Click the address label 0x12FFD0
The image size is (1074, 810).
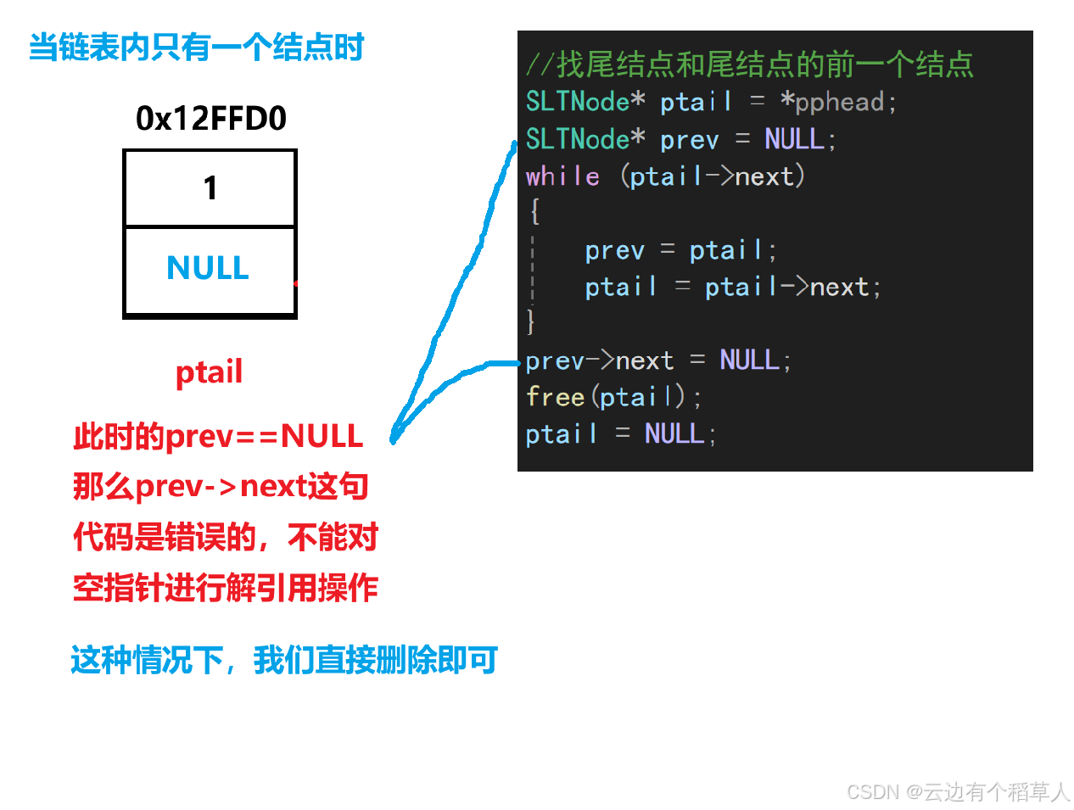pyautogui.click(x=210, y=118)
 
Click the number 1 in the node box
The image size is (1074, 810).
pyautogui.click(x=210, y=187)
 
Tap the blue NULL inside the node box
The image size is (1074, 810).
pyautogui.click(x=208, y=267)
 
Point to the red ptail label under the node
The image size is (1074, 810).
pyautogui.click(x=209, y=371)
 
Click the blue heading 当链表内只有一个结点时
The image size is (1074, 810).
pyautogui.click(x=196, y=47)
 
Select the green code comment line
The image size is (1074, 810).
pyautogui.click(x=749, y=64)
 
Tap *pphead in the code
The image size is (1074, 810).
pyautogui.click(x=837, y=102)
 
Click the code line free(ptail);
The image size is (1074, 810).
pyautogui.click(x=613, y=396)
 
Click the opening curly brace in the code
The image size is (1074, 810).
pyautogui.click(x=534, y=211)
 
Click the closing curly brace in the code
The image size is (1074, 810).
pyautogui.click(x=530, y=321)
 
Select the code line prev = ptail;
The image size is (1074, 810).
pyautogui.click(x=680, y=250)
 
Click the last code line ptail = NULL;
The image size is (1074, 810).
pyautogui.click(x=620, y=433)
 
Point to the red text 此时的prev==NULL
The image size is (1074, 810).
pyautogui.click(x=218, y=436)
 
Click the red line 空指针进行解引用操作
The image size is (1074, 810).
pyautogui.click(x=226, y=588)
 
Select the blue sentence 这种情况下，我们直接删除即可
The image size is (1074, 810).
pyautogui.click(x=284, y=661)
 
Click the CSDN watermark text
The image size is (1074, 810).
pyautogui.click(x=958, y=791)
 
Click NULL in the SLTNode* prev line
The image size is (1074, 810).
pyautogui.click(x=794, y=138)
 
